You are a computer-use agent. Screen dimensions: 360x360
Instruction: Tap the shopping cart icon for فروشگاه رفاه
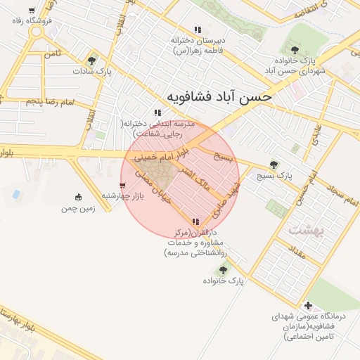(x=32, y=11)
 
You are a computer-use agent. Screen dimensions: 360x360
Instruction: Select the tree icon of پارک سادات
(x=91, y=60)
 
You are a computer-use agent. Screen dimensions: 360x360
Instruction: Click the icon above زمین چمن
(x=78, y=197)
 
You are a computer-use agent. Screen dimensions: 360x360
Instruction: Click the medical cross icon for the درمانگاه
(x=309, y=306)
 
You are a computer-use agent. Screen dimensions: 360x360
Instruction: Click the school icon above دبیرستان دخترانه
(x=198, y=30)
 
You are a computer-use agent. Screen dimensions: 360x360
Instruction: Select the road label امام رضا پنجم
(x=50, y=103)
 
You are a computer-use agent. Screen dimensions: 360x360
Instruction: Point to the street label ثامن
(x=52, y=53)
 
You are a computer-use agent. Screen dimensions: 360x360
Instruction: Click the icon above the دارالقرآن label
(x=195, y=221)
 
